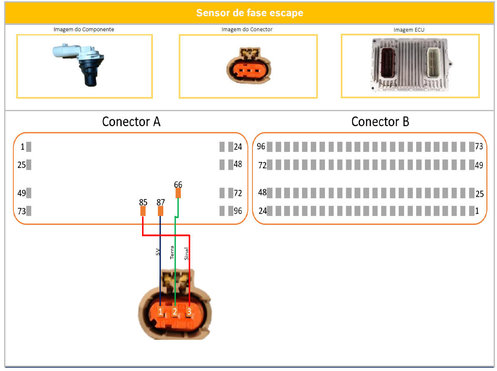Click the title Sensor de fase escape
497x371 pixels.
pos(250,12)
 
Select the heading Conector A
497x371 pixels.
pos(131,122)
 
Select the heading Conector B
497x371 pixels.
pos(380,122)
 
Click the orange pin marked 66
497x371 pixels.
pos(178,193)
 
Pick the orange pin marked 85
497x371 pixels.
pos(143,211)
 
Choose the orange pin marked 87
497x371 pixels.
pos(160,211)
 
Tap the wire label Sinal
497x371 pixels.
pos(186,253)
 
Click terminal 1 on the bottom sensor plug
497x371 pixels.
pos(160,311)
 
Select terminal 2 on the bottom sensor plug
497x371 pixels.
pos(175,311)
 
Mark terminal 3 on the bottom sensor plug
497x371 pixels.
pos(189,311)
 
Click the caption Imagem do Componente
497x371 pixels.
pos(84,30)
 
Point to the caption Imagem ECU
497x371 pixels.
pos(409,30)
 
